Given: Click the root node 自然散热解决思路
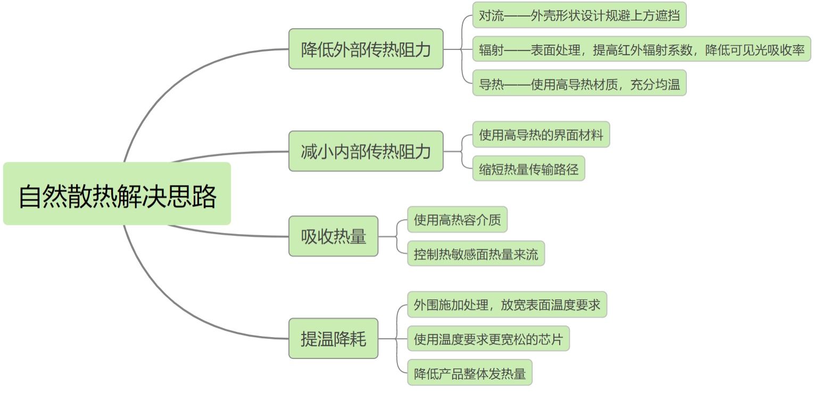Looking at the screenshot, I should tap(117, 194).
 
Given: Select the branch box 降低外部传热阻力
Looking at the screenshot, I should tap(366, 49).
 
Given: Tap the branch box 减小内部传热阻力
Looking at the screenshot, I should tap(366, 151).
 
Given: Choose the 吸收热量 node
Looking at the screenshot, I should tap(333, 236).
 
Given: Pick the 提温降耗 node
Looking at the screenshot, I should tap(333, 338).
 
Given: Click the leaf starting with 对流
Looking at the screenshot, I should tap(579, 15).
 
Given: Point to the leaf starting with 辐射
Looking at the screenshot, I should tap(641, 49).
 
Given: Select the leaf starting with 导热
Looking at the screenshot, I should tap(579, 83).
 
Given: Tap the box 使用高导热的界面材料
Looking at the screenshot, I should tap(541, 135).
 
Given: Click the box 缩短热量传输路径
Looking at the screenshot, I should tap(528, 169).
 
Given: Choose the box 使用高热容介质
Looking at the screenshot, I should tap(457, 220).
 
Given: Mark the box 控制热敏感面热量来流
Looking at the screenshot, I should tap(476, 254).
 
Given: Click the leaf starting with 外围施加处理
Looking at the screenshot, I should tap(506, 305).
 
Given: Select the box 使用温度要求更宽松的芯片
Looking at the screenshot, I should tap(488, 339).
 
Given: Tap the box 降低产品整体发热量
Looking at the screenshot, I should tap(469, 373).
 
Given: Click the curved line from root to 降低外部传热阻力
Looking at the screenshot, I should tap(176, 85).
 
